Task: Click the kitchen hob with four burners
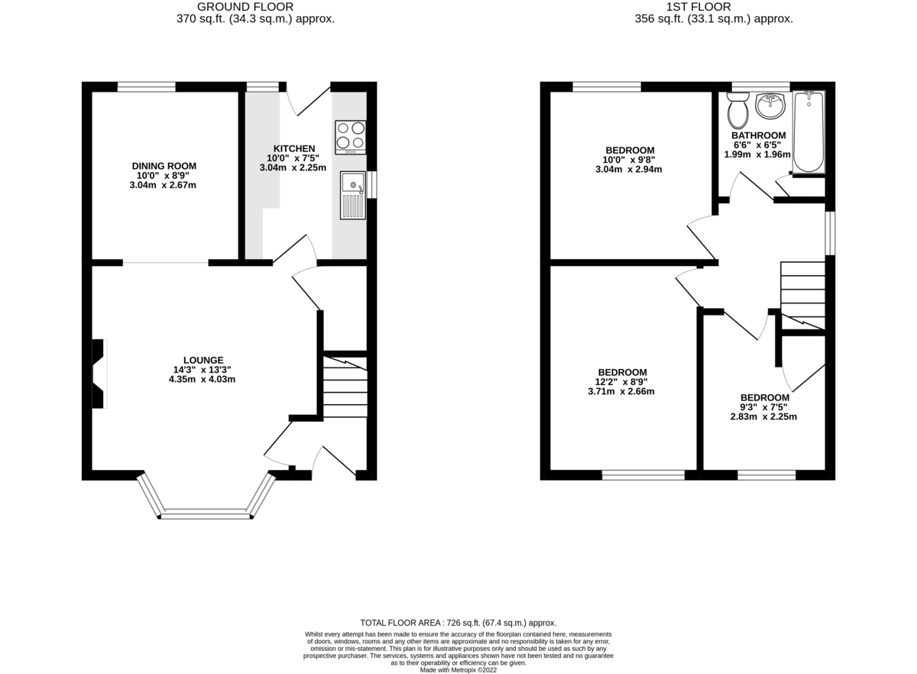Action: pos(350,137)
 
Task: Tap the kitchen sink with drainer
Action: pos(353,195)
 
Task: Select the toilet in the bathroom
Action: pos(738,112)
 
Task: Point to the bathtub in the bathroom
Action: pos(808,132)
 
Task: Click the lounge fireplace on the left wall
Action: pos(99,374)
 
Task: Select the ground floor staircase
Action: pos(344,386)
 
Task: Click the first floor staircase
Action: pos(802,295)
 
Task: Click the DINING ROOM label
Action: pos(164,166)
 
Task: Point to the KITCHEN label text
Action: pos(294,148)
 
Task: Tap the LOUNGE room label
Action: pos(203,360)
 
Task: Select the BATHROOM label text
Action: pos(758,135)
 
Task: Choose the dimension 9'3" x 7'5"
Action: pos(764,407)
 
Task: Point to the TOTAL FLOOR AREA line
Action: pos(458,623)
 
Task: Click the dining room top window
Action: pos(146,86)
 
